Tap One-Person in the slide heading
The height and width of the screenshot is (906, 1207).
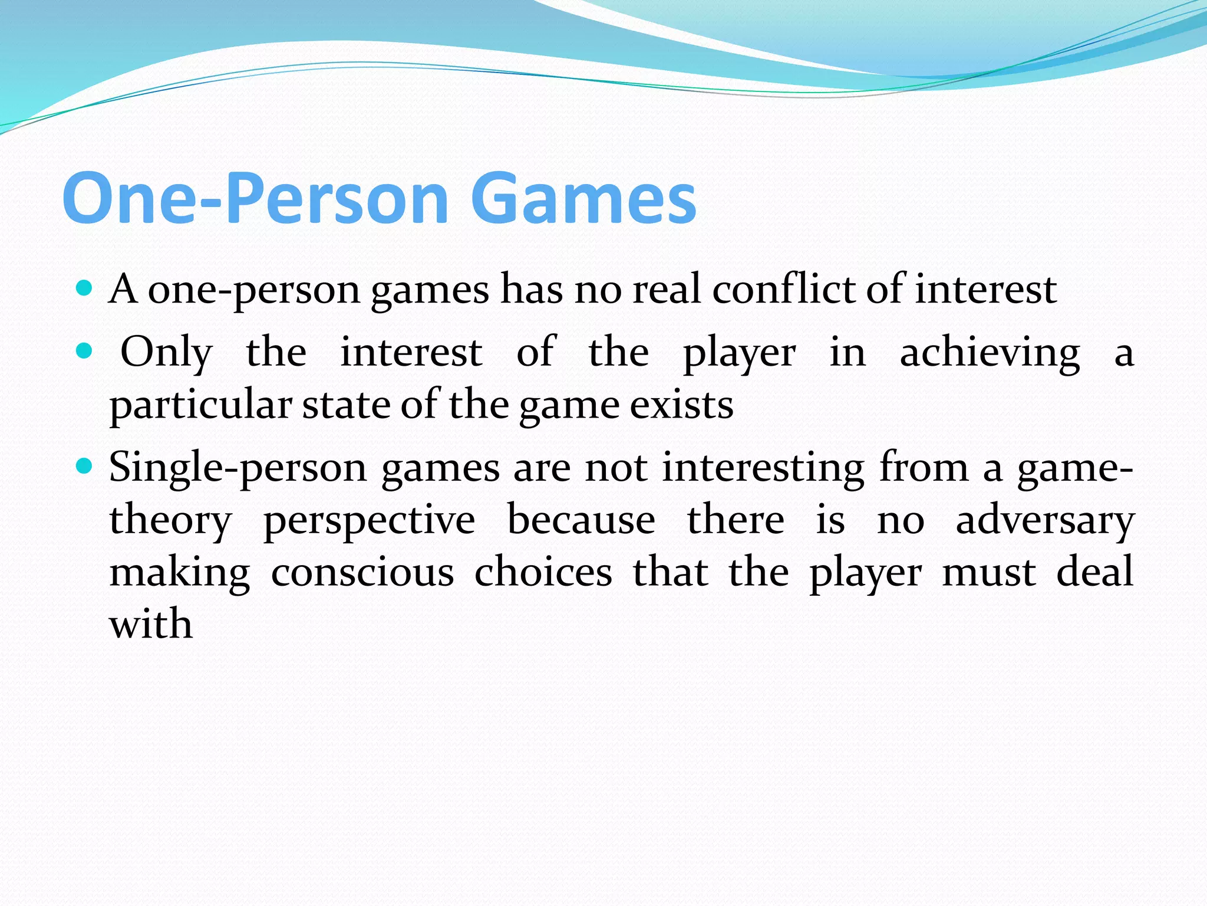256,198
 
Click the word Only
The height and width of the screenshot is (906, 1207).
166,353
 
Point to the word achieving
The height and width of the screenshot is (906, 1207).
990,353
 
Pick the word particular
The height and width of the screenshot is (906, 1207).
200,405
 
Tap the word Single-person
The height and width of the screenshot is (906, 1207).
238,467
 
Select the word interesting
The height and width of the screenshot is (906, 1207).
764,467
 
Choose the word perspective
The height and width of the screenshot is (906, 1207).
369,520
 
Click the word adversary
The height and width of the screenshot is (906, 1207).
1045,520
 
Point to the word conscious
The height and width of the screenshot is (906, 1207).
362,572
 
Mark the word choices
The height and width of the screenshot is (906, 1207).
543,572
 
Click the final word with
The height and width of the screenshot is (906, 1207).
151,624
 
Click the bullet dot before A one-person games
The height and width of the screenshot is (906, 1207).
85,288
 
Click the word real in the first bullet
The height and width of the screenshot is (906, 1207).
667,290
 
